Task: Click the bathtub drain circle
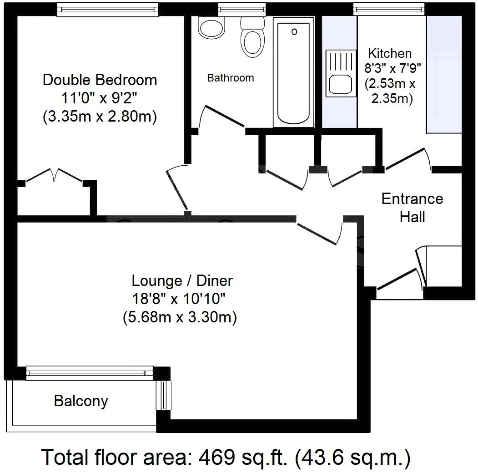point(294,31)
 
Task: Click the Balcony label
point(81,401)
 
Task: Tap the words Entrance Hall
point(412,208)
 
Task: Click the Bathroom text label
point(231,78)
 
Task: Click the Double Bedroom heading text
point(100,80)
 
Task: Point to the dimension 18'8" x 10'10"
point(179,299)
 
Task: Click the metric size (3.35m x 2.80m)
point(100,117)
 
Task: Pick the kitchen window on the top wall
point(389,8)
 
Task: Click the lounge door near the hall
point(318,232)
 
